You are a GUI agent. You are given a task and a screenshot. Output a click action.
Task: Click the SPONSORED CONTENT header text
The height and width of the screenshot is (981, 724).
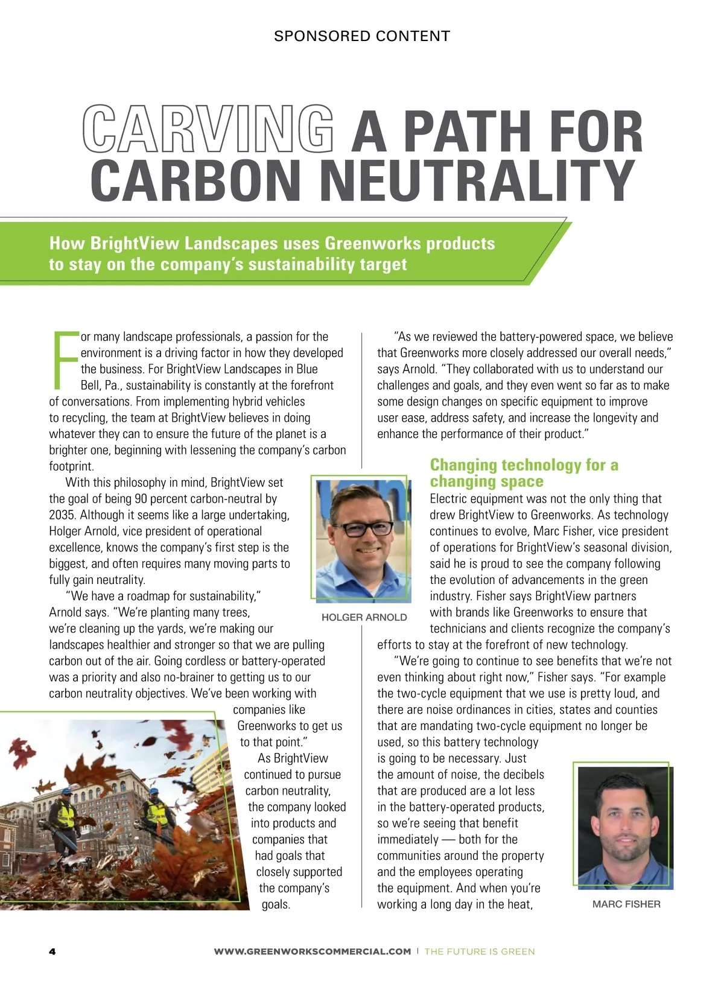(362, 36)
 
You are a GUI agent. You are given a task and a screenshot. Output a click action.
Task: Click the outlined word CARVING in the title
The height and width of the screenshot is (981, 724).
(208, 129)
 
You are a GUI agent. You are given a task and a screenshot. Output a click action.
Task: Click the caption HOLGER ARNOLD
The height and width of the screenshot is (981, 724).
(364, 617)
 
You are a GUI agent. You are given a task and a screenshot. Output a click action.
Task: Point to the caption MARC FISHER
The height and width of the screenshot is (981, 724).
(626, 904)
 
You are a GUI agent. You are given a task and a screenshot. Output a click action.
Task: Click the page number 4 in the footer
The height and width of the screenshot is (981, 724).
(52, 951)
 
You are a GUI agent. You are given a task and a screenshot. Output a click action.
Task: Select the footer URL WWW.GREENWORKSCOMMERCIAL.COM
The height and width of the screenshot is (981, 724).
(313, 951)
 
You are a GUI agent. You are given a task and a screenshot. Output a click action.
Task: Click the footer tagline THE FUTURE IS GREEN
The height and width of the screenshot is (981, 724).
(480, 951)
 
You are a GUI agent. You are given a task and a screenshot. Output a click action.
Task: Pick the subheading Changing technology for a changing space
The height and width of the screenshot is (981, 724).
(524, 473)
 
